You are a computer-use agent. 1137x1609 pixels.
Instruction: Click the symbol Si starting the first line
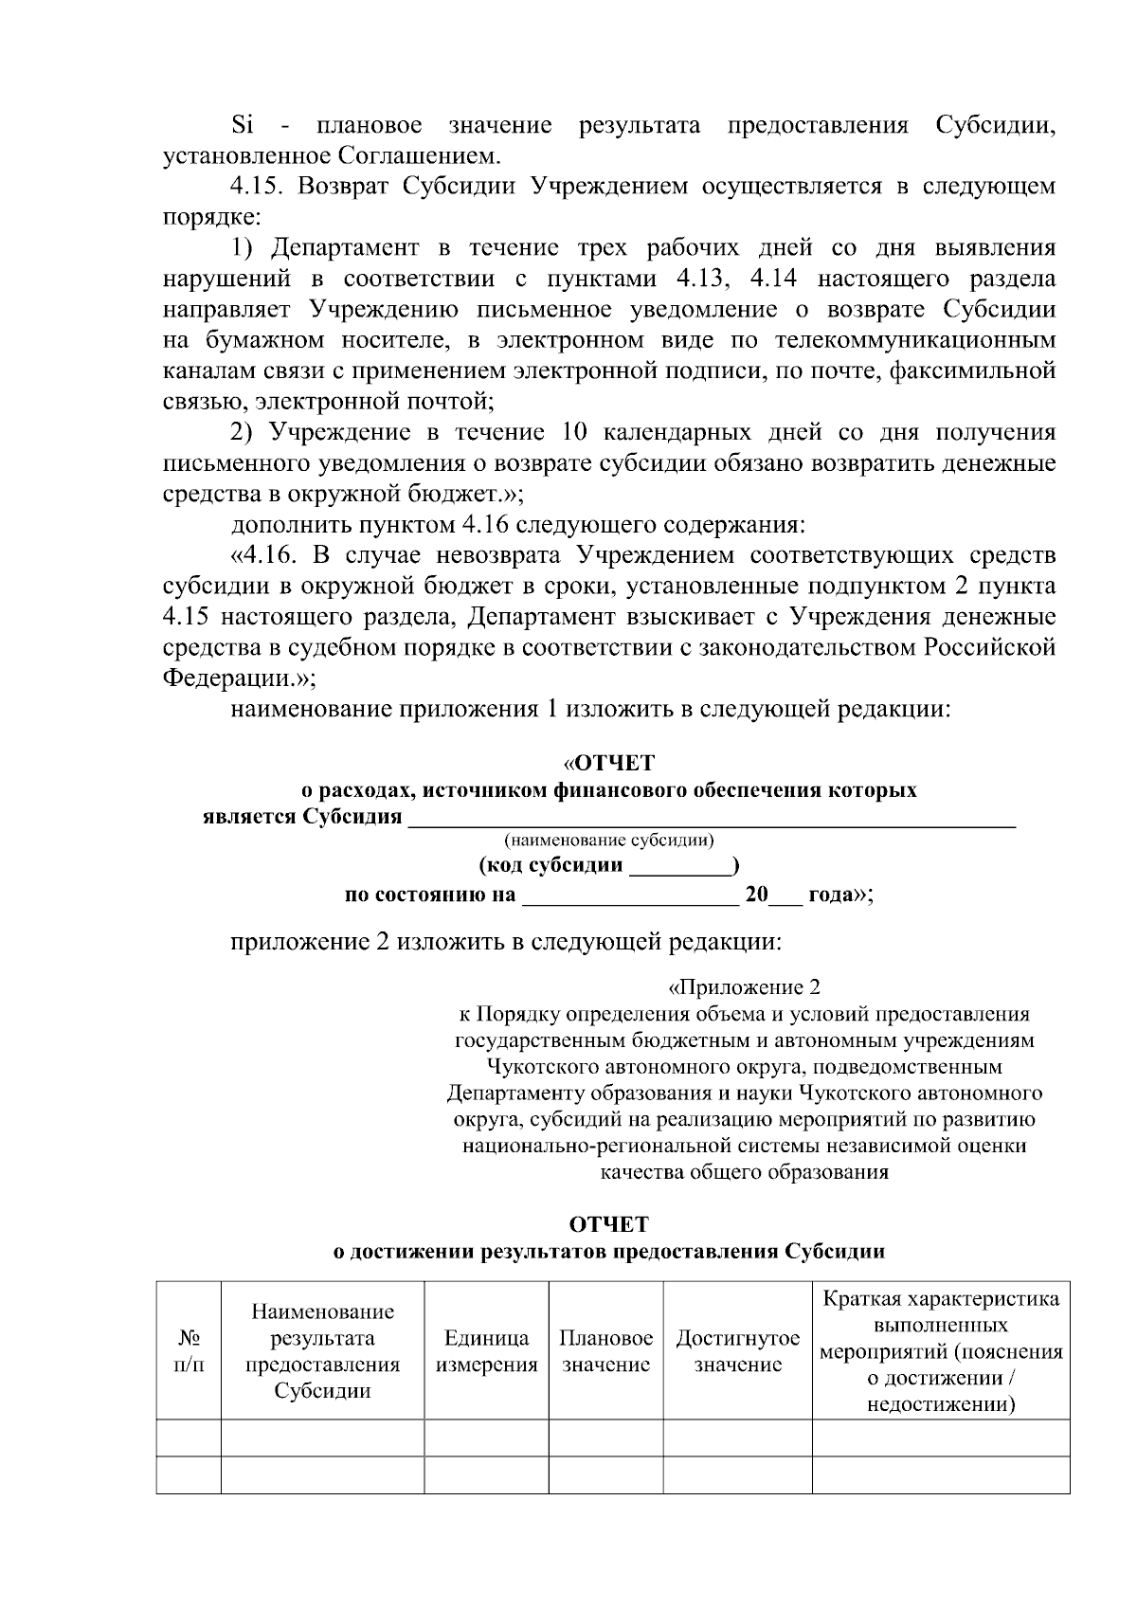tap(244, 126)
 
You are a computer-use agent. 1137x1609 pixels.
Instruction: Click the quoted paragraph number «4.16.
tap(262, 555)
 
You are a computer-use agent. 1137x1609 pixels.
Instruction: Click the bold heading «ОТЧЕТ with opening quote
tap(608, 763)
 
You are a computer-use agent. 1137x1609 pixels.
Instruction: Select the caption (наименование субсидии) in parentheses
tap(609, 841)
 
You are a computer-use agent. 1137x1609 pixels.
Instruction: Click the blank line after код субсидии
tap(682, 866)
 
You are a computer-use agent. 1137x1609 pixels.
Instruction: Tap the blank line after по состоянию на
tap(630, 895)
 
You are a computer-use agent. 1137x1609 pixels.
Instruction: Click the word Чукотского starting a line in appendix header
tap(538, 1067)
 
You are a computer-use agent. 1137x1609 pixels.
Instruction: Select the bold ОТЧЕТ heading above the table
tap(609, 1224)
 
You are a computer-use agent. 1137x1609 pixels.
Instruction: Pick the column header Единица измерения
tap(486, 1351)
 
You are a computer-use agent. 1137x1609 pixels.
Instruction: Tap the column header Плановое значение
tap(605, 1351)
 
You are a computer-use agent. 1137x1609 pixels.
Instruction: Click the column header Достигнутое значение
tap(737, 1351)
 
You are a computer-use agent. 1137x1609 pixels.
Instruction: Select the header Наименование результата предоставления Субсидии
tap(322, 1351)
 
